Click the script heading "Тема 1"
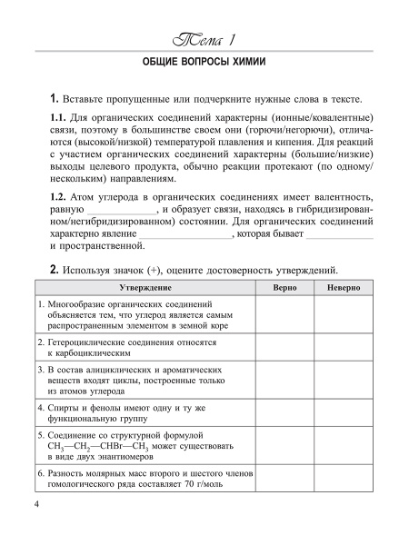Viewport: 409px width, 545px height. [204, 41]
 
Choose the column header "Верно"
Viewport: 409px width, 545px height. [277, 287]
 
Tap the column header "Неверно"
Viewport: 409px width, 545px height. [341, 287]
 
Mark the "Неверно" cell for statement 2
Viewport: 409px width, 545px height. [341, 350]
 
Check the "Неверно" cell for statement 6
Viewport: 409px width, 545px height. [341, 481]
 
